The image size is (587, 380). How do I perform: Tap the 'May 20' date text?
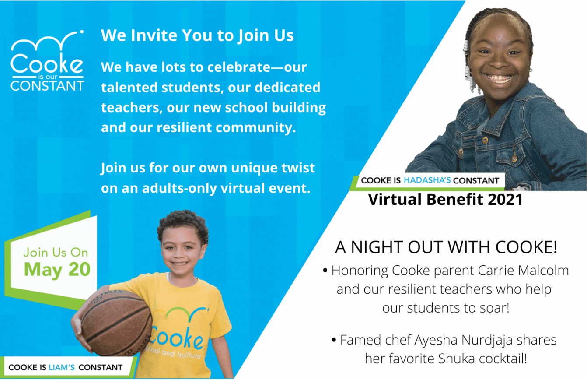(x=57, y=270)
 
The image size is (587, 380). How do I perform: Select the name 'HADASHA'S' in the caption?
(x=427, y=180)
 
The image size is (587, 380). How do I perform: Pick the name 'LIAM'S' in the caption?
(x=62, y=367)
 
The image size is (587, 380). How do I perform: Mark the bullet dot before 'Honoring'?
(x=325, y=271)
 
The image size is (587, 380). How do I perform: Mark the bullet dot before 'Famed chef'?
(x=334, y=340)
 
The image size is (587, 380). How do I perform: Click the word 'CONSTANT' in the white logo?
(x=47, y=86)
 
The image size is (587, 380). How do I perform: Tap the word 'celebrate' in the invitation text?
(x=239, y=67)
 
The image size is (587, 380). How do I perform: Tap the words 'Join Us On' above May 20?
(x=56, y=253)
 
